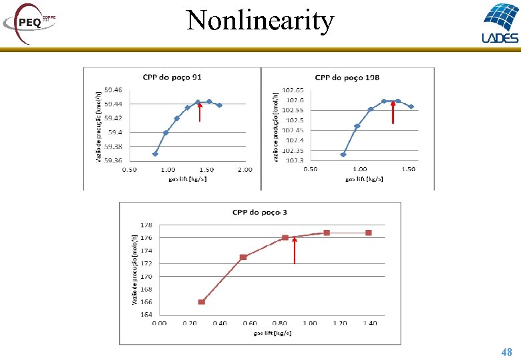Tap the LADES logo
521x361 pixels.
click(499, 23)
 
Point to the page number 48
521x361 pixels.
click(506, 352)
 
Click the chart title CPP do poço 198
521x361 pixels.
click(347, 78)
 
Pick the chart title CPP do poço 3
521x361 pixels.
click(260, 213)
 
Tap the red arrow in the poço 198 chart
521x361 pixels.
click(393, 112)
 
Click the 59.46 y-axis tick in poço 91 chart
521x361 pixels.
click(114, 90)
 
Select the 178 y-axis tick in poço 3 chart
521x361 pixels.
click(146, 225)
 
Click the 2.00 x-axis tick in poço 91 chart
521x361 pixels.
click(244, 170)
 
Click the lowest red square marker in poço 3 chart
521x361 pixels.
click(201, 302)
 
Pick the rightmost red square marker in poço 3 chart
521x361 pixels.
click(368, 233)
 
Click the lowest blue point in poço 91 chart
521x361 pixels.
click(155, 154)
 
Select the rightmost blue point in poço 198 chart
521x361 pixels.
click(411, 106)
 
